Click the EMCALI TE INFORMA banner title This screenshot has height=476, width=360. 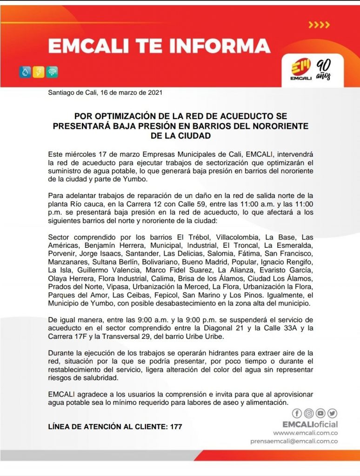coord(159,46)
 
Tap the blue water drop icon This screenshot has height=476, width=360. coord(25,72)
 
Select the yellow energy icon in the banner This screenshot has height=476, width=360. coord(39,72)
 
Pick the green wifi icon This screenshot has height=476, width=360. coord(52,72)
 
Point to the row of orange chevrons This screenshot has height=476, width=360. coord(319,25)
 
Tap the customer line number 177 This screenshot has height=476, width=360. coord(176,426)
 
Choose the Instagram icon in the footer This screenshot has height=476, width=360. coord(308,413)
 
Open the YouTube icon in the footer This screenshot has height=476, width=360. coord(320,413)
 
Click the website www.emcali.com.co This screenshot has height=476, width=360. coord(309,433)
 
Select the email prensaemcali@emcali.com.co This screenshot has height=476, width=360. coord(294,441)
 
